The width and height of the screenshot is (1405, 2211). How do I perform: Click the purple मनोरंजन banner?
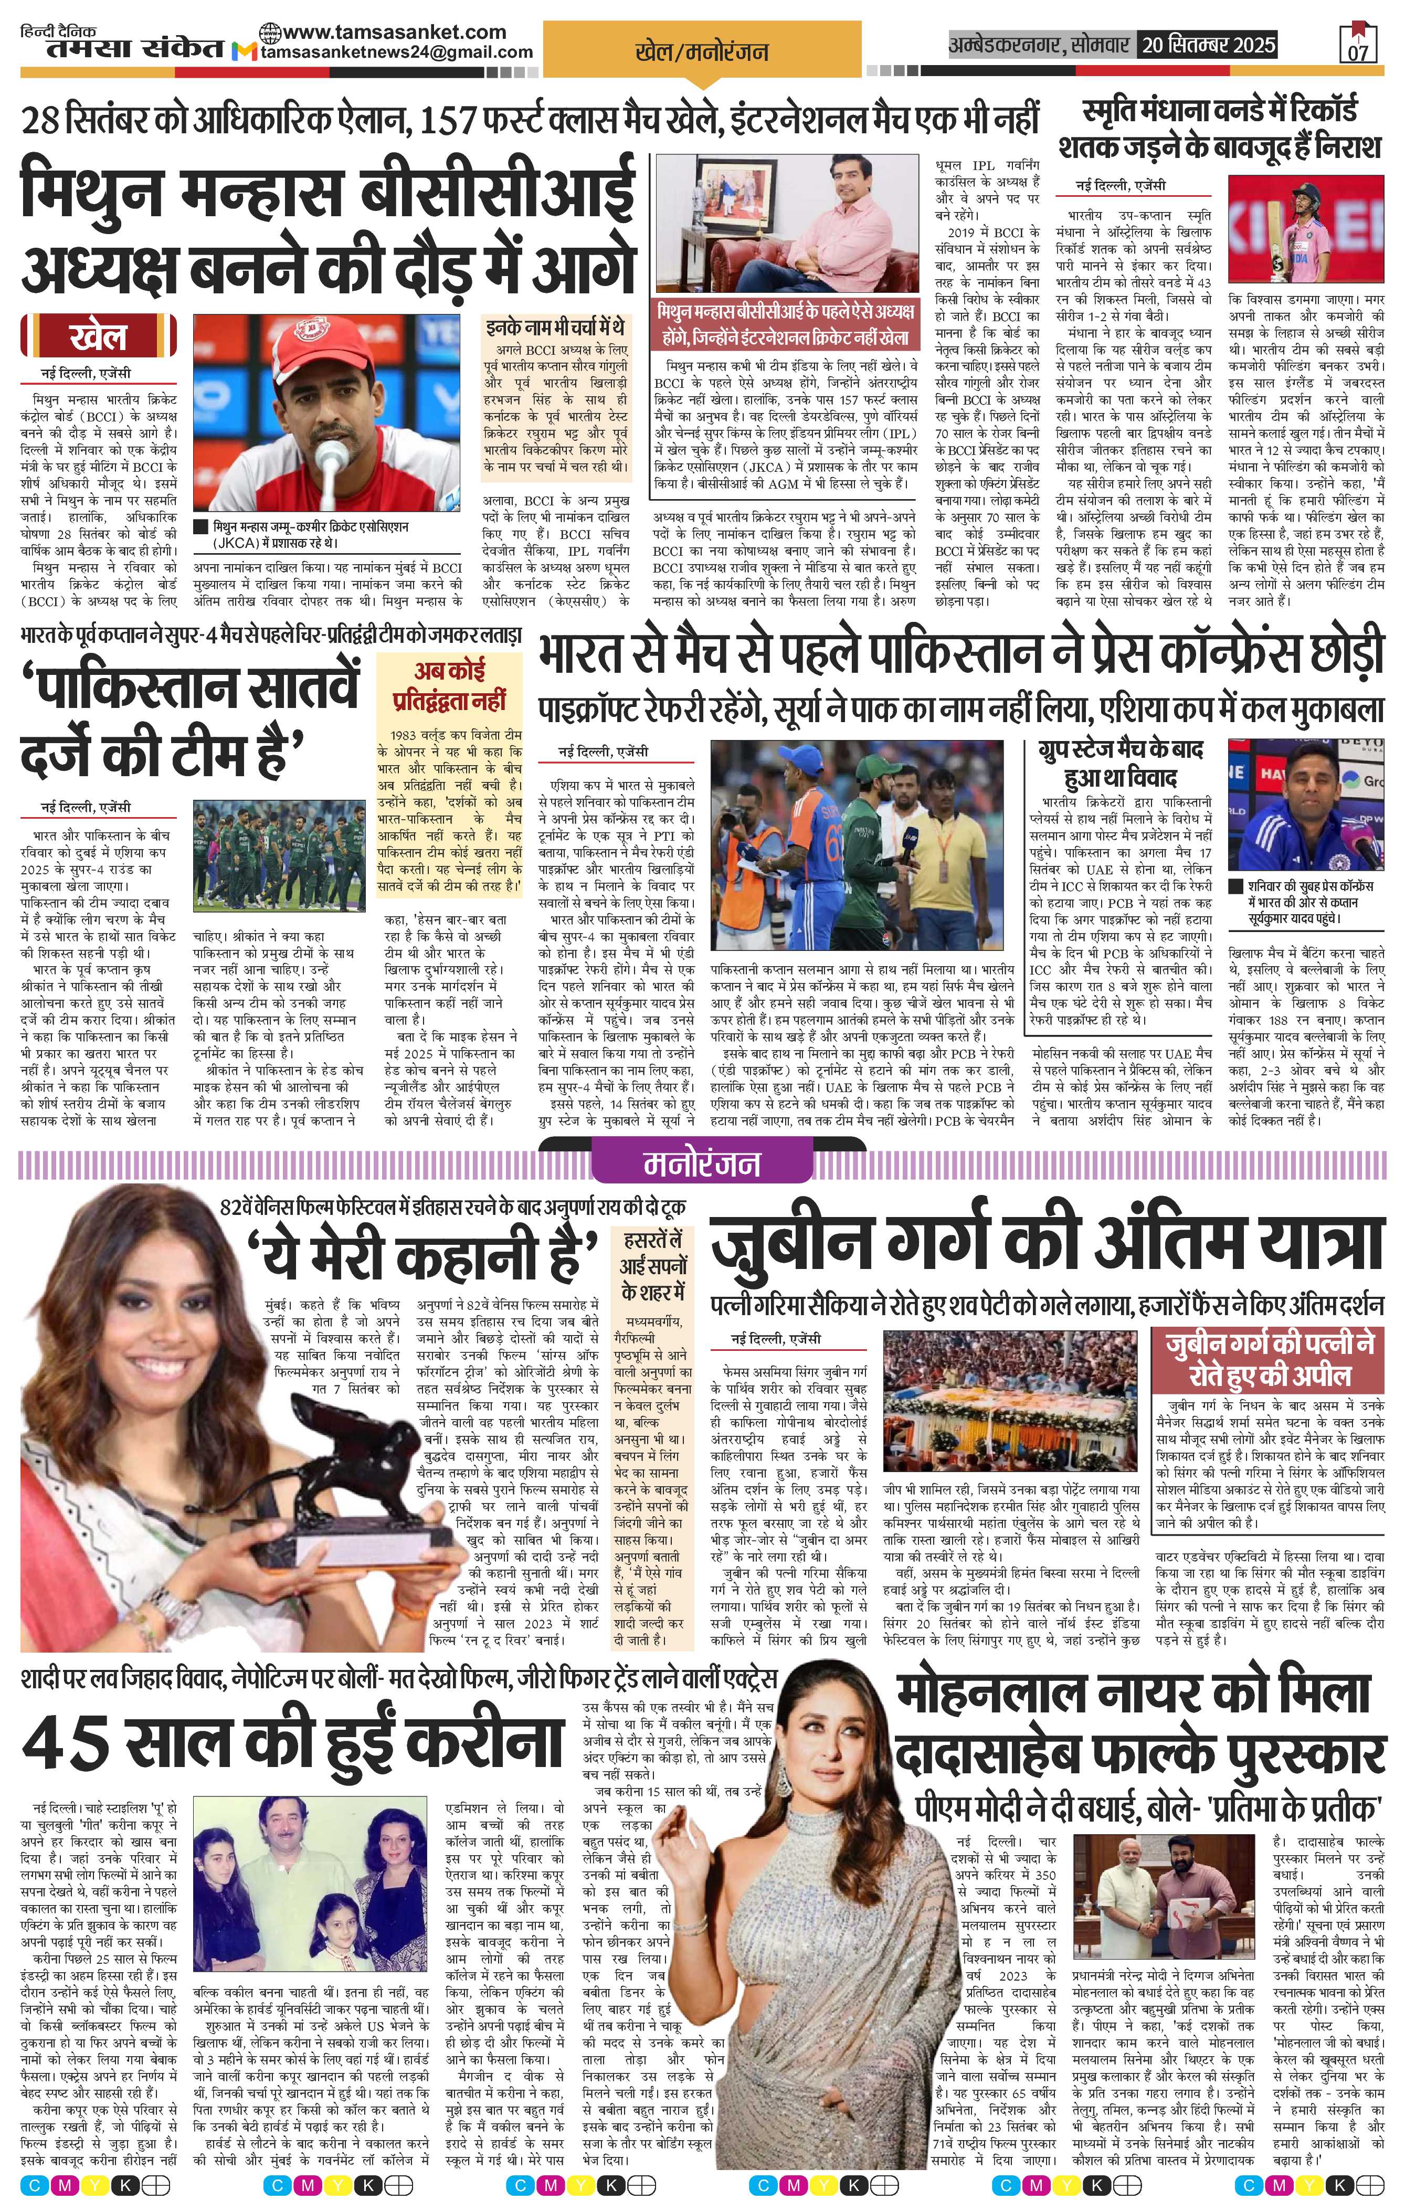tap(702, 1164)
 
